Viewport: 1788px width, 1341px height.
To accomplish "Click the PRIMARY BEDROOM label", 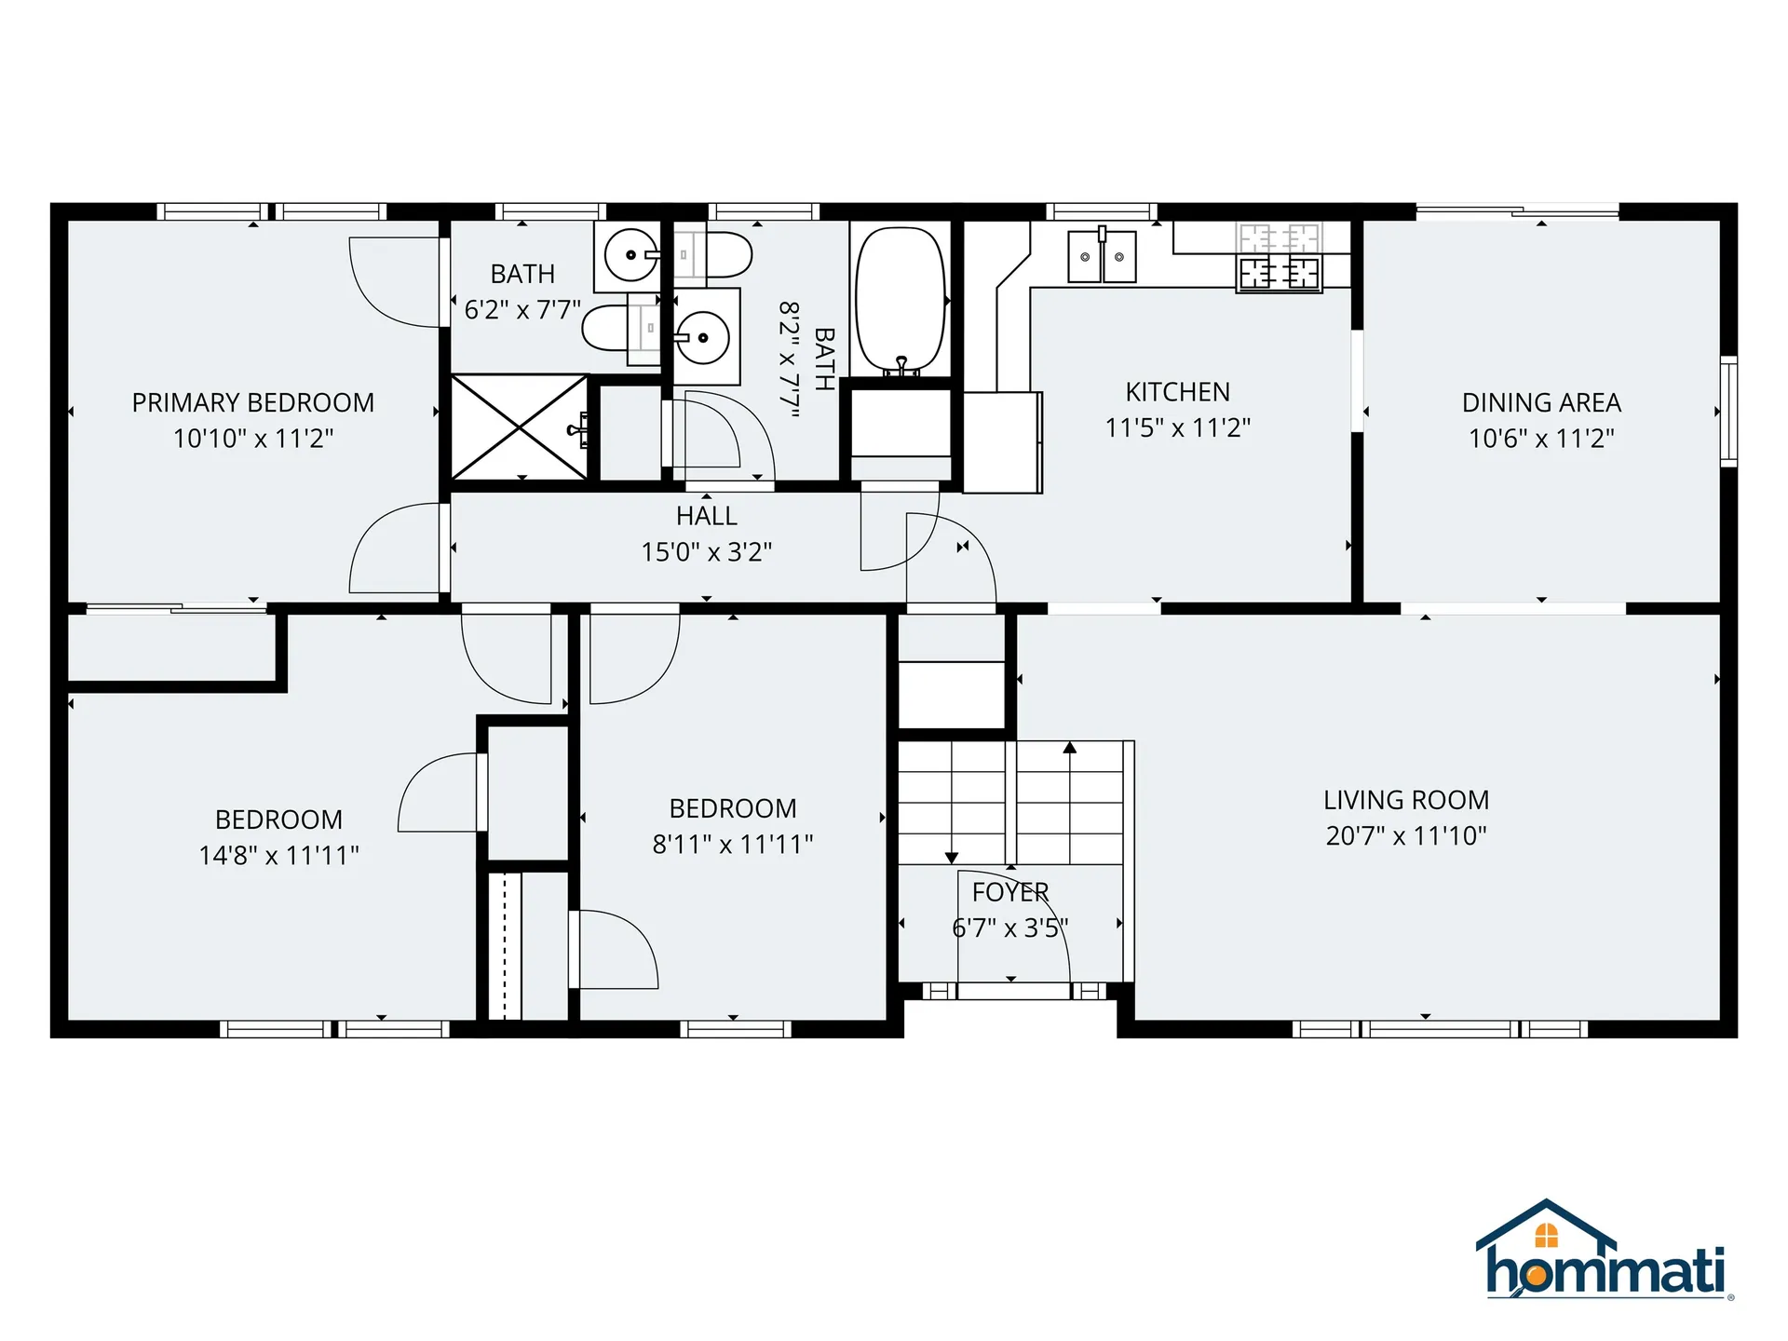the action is coord(253,402).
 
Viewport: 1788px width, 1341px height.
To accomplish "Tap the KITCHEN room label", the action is coord(1177,392).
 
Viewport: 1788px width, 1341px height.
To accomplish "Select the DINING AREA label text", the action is coord(1541,402).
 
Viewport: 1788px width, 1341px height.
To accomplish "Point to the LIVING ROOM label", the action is coord(1406,800).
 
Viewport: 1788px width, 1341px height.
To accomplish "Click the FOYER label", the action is coord(1010,892).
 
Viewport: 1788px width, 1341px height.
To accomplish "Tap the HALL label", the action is coord(707,516).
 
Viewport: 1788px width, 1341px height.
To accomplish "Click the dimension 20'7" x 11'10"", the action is coord(1406,835).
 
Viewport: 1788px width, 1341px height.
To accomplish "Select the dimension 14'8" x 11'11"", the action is coord(278,855).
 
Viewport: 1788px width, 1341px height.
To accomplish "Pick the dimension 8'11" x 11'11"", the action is coord(733,844).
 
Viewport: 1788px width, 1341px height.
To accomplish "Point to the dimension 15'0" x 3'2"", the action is coord(707,552).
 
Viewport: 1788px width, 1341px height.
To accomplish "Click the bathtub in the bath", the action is coord(901,299).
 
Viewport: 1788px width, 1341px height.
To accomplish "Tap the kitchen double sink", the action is coord(1102,256).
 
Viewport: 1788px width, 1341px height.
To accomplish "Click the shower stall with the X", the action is coord(520,427).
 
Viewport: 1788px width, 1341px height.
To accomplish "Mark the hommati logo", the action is coord(1605,1250).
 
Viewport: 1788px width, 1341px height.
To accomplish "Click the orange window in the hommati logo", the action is coord(1546,1236).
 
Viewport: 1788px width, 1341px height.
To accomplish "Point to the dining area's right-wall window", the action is coord(1728,411).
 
